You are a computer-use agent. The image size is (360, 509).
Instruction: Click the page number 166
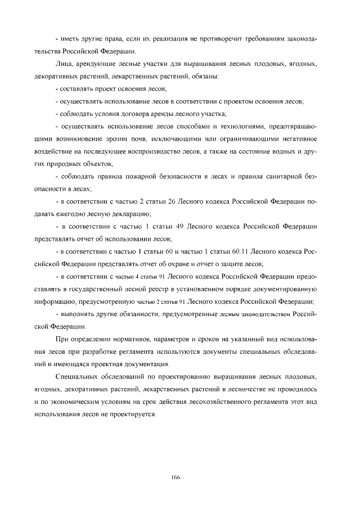pyautogui.click(x=175, y=477)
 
